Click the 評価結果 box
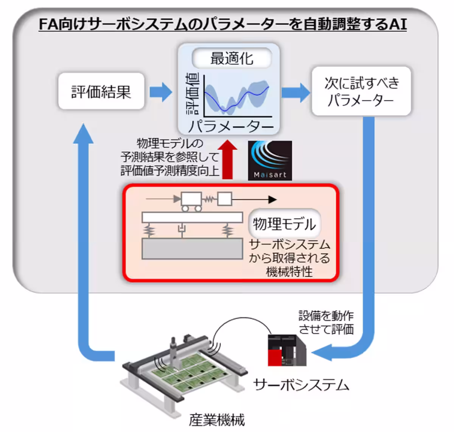pos(101,92)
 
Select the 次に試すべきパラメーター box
pos(361,91)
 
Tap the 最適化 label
pos(232,59)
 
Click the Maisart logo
pos(270,160)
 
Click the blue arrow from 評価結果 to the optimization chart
pos(160,92)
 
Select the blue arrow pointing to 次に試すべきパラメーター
pos(295,92)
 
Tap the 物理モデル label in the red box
pos(284,224)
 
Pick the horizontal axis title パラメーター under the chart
pos(231,126)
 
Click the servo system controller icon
pos(287,350)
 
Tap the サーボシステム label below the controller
pos(301,385)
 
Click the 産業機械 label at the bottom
pos(217,420)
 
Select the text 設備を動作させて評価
pos(326,322)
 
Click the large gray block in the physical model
pos(192,249)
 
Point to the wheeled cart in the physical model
pos(191,201)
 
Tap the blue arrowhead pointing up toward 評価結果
pos(83,134)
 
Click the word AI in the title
pos(397,25)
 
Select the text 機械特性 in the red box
pos(289,271)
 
